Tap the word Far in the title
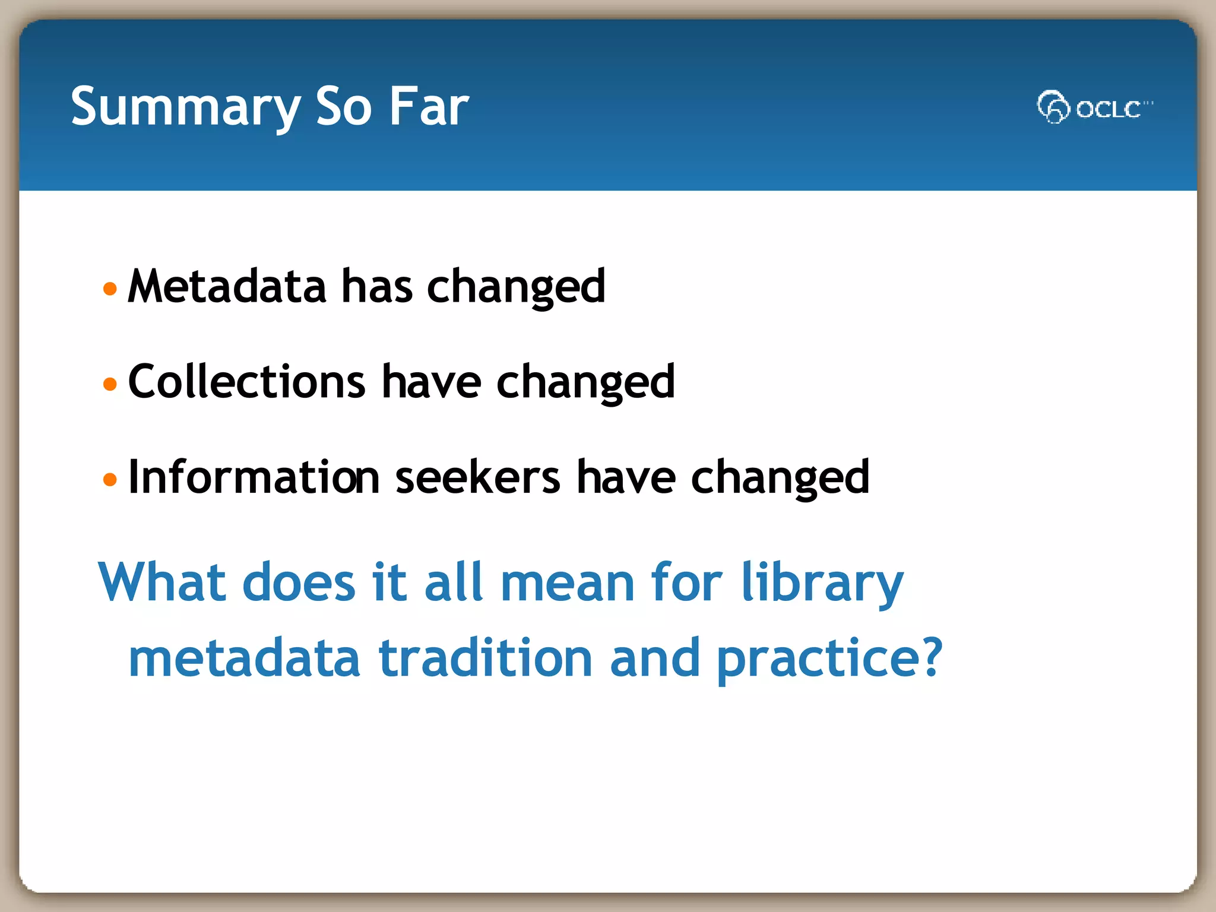(429, 107)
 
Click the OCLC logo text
(1108, 109)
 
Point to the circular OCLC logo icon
(1053, 107)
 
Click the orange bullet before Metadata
(110, 289)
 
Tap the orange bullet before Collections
(110, 384)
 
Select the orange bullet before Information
(110, 479)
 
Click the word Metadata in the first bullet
(227, 287)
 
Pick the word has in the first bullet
(376, 287)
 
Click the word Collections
(246, 382)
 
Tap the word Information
(254, 477)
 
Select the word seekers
(477, 477)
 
